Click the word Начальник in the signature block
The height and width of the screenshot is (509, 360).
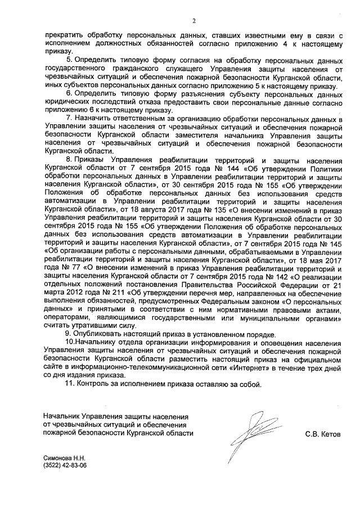click(62, 417)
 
